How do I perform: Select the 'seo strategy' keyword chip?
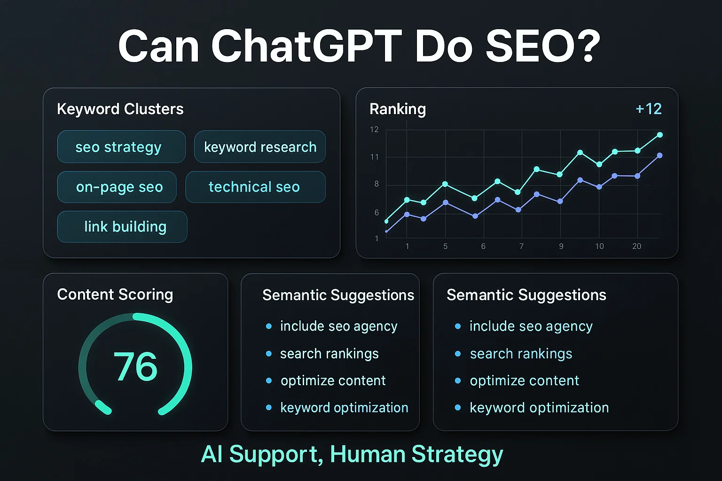coord(121,147)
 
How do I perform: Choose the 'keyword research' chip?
coord(260,147)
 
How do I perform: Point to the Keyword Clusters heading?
coord(120,109)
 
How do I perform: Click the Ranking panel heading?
coord(398,109)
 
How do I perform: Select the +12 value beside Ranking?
coord(648,109)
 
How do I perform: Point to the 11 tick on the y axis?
coord(374,157)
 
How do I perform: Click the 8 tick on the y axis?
coord(376,184)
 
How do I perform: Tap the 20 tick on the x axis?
coord(636,246)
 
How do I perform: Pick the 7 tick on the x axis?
coord(521,246)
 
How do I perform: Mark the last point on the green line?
coord(660,135)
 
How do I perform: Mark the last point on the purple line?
coord(660,155)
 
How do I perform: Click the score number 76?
coord(135,366)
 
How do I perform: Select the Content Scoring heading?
coord(115,295)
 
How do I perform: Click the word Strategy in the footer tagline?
coord(457,454)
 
